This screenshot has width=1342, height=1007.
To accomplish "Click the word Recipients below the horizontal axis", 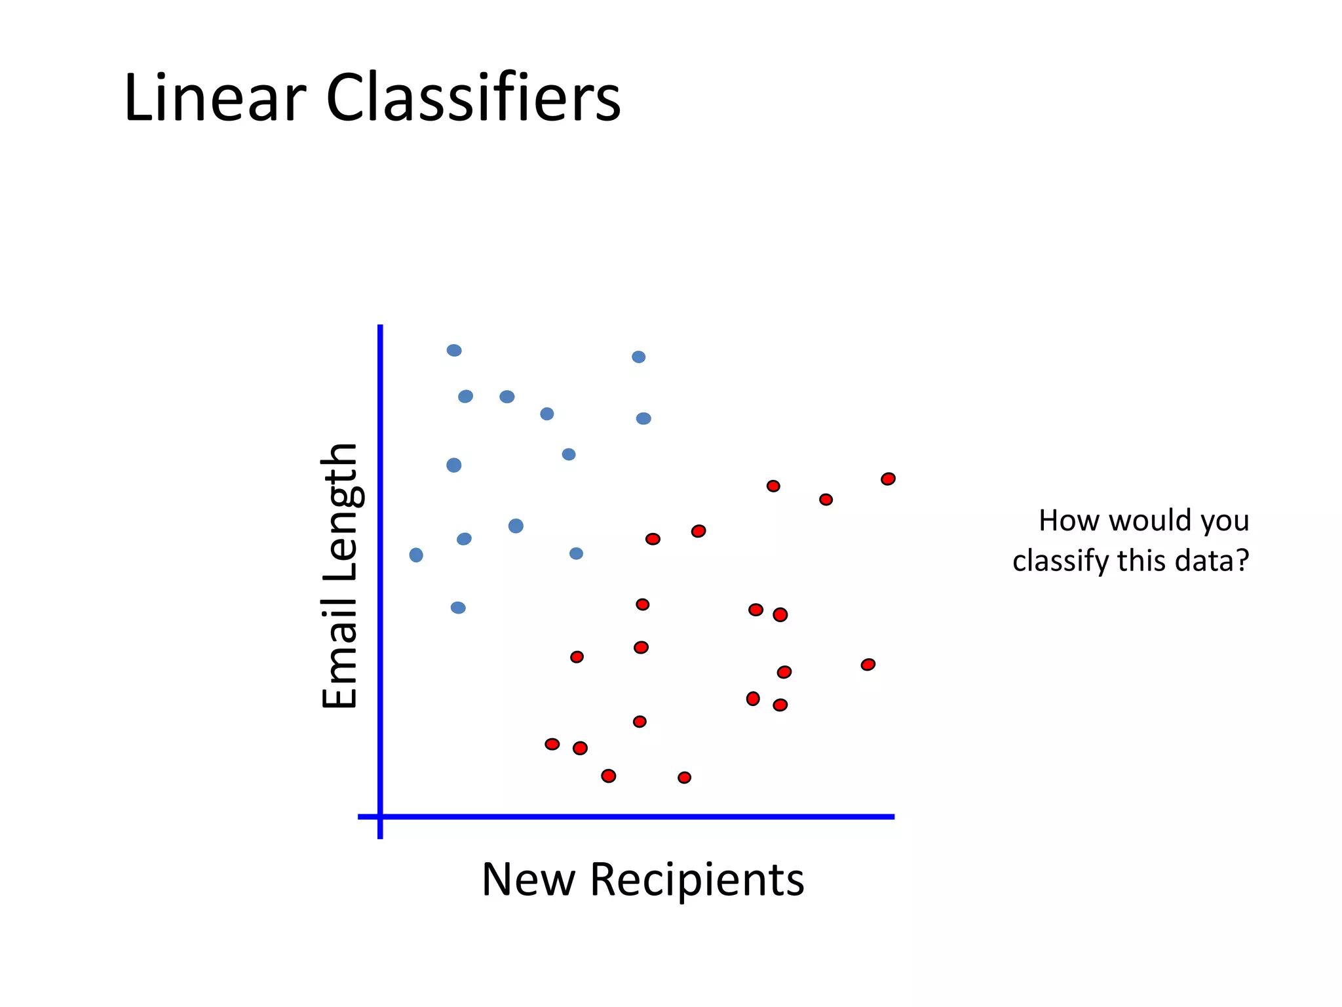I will click(x=697, y=880).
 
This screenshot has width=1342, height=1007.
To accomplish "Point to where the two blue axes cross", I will click(x=380, y=817).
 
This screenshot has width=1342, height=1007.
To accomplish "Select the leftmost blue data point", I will click(x=416, y=555).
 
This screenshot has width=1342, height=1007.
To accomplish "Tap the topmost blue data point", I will click(x=454, y=350).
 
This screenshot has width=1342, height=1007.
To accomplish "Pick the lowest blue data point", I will click(x=458, y=608).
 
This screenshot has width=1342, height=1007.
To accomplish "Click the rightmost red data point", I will click(x=888, y=479).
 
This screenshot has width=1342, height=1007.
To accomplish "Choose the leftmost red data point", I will click(x=552, y=744).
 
